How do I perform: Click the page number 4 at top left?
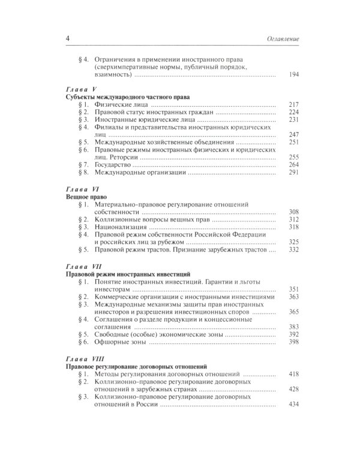click(67, 39)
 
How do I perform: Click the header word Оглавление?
click(281, 40)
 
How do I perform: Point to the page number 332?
click(293, 250)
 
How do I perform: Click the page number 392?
click(293, 334)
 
